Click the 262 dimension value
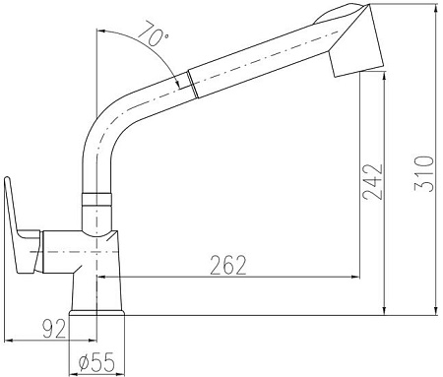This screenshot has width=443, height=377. coord(226,265)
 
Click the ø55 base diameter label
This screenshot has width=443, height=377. coord(96,362)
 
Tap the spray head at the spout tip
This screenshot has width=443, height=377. coord(352,39)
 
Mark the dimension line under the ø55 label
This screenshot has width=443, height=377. coord(96,375)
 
